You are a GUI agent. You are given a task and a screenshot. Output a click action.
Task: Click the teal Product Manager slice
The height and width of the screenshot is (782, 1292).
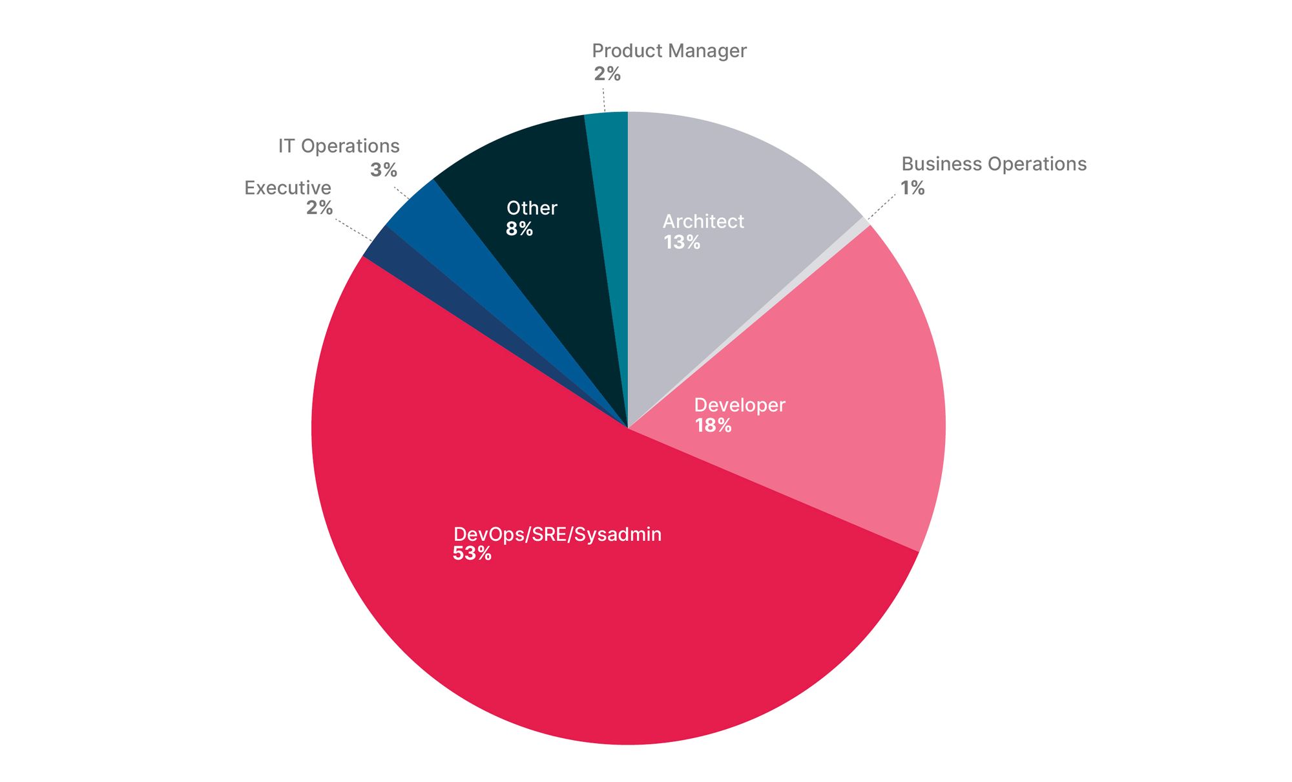point(610,194)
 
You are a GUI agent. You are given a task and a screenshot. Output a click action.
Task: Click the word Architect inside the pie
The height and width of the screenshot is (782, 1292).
point(703,222)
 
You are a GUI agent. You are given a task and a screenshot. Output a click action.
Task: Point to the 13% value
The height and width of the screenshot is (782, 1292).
point(682,242)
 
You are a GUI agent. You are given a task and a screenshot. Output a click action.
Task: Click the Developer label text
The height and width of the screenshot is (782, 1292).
point(739,405)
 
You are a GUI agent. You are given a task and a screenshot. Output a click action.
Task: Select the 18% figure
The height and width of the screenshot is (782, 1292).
point(713,425)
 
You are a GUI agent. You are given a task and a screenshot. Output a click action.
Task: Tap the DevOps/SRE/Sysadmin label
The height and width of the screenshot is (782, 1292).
point(557,534)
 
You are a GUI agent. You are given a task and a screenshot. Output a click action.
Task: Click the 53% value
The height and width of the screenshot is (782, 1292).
point(472,554)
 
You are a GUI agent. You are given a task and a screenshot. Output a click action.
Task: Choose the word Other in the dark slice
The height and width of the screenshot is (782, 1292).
point(531,208)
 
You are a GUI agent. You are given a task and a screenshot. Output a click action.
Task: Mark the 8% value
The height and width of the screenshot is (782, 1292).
point(519,229)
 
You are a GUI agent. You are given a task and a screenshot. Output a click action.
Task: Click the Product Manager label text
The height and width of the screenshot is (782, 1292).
point(669,51)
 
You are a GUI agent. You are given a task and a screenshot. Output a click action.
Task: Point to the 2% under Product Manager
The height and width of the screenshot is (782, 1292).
point(607,74)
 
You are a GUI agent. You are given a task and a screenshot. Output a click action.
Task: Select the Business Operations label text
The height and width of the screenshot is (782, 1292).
point(994,164)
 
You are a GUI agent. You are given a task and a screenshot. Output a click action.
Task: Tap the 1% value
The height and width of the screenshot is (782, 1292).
point(912,188)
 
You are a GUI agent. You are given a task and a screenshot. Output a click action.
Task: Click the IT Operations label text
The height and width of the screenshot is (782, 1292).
point(339,147)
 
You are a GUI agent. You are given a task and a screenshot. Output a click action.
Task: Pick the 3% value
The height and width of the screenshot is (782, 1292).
point(383,170)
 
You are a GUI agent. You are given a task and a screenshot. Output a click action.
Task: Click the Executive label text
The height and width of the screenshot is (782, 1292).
point(287,188)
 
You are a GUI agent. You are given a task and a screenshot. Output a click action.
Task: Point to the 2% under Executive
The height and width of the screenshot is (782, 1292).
point(319,208)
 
